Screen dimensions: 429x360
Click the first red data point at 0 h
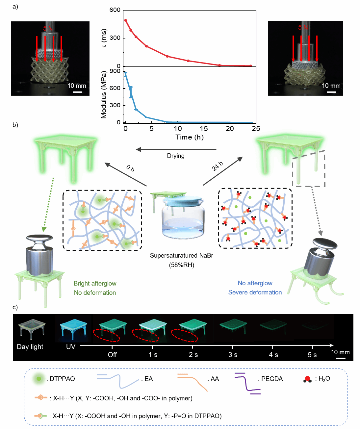click(126, 20)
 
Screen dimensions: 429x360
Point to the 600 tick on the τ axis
click(115, 10)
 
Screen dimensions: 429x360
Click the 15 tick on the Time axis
click(204, 129)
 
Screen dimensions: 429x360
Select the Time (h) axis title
click(190, 137)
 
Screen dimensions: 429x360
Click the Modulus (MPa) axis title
click(104, 95)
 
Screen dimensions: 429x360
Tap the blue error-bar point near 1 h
click(131, 92)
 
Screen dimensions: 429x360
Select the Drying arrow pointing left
click(176, 150)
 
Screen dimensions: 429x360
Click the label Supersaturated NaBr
click(181, 256)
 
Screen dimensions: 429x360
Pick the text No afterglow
click(255, 283)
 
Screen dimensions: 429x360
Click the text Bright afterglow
click(95, 284)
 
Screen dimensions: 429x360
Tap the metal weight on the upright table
click(39, 255)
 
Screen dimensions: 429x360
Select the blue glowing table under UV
click(73, 328)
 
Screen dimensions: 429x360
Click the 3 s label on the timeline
click(233, 355)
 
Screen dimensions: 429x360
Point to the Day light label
click(30, 347)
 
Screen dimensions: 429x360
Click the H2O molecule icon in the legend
click(308, 379)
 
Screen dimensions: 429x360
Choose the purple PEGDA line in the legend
click(247, 383)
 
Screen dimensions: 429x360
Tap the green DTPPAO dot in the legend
click(39, 379)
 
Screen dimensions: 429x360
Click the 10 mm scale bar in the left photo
click(77, 92)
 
